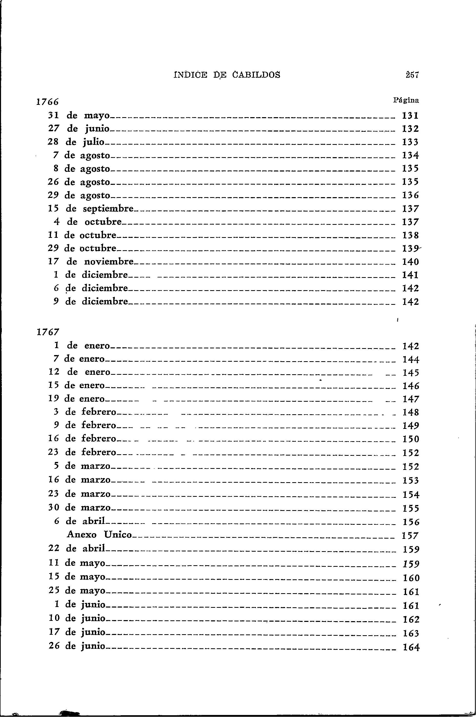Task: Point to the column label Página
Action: pyautogui.click(x=406, y=100)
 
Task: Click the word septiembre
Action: pyautogui.click(x=108, y=209)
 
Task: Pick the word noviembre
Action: pyautogui.click(x=109, y=261)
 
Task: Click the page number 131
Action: pyautogui.click(x=410, y=116)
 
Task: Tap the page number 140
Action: pyautogui.click(x=410, y=261)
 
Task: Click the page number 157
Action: pyautogui.click(x=410, y=536)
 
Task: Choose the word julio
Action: pyautogui.click(x=93, y=142)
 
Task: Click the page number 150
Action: pyautogui.click(x=410, y=439)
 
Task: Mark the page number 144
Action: pyautogui.click(x=410, y=360)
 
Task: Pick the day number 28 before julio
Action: pyautogui.click(x=54, y=142)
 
